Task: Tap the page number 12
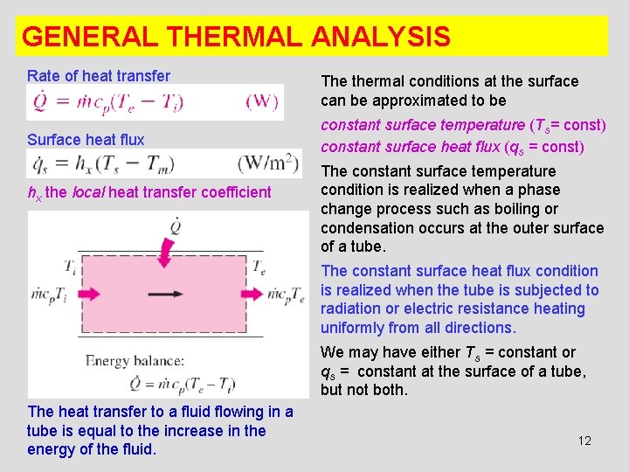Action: [x=584, y=441]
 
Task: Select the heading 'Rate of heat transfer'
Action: [x=99, y=76]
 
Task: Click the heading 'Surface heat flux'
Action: [x=86, y=139]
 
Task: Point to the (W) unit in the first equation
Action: [x=263, y=101]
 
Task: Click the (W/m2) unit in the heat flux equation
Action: [x=269, y=163]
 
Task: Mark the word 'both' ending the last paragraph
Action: [x=388, y=390]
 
